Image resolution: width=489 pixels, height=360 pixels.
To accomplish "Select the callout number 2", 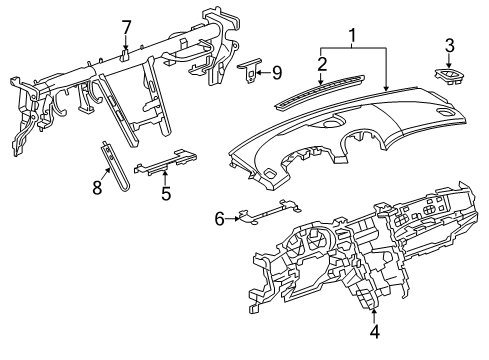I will pos(321,64).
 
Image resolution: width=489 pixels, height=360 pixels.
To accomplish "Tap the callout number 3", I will pos(449,44).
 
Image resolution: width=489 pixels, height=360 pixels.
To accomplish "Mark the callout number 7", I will pos(126,26).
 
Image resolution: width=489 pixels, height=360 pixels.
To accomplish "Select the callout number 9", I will pos(277,71).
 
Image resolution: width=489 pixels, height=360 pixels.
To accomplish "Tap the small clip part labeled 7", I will pos(126,55).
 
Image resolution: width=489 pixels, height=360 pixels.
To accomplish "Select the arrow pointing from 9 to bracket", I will pos(263,71).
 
